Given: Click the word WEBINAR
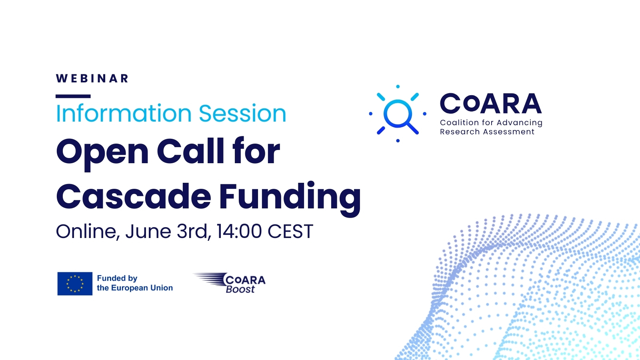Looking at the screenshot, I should (x=92, y=78).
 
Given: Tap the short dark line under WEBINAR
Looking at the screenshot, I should (x=73, y=96).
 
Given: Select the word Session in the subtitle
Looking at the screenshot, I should (x=242, y=114).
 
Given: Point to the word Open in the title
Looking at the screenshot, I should (x=102, y=152).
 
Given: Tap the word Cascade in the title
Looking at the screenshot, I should (x=134, y=196).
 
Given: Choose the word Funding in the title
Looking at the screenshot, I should (x=290, y=197).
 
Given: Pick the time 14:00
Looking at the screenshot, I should (x=239, y=231).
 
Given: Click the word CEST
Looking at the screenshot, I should (x=290, y=232).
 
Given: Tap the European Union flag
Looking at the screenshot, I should (x=75, y=284).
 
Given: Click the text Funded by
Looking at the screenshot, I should (x=117, y=278).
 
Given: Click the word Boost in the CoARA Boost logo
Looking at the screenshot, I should (x=240, y=289).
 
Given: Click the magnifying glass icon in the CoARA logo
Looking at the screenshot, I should (x=398, y=114).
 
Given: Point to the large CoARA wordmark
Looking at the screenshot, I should (x=491, y=104).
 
